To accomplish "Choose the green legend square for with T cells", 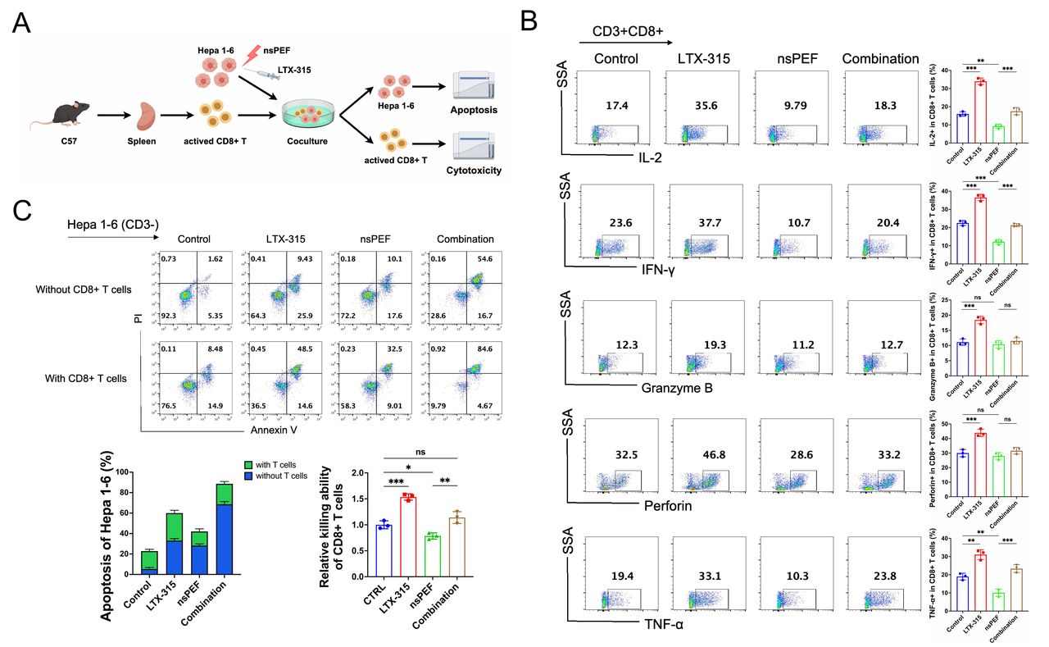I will [x=247, y=465].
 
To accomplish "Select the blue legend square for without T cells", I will [x=247, y=476].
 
